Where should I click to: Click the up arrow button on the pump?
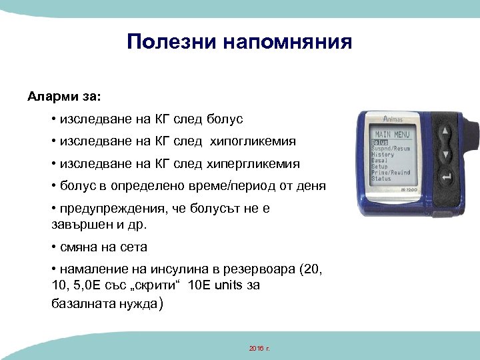point(444,131)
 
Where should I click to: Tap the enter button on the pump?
point(446,178)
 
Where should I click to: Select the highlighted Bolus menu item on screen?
point(380,142)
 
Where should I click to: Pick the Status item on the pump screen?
point(381,179)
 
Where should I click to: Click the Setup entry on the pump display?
point(380,167)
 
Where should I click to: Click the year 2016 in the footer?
point(255,349)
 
